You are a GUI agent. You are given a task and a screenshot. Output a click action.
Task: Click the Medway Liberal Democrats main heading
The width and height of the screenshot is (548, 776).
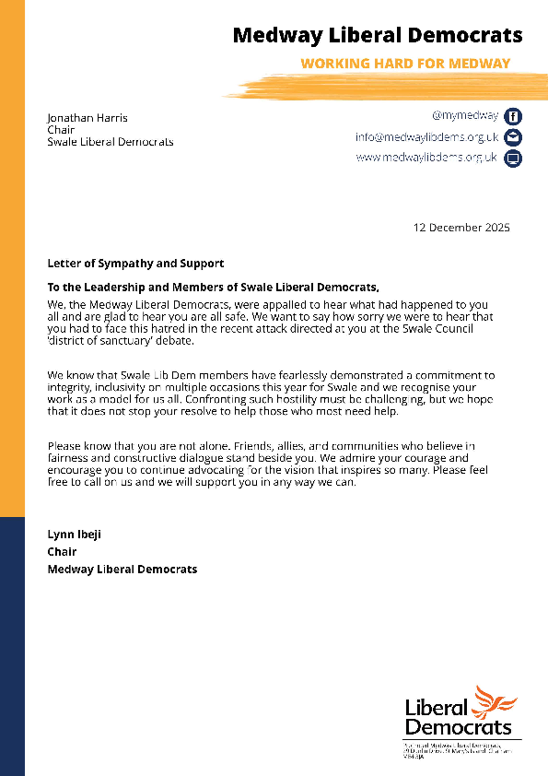(x=377, y=36)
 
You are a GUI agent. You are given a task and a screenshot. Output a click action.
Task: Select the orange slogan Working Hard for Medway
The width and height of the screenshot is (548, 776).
(x=406, y=64)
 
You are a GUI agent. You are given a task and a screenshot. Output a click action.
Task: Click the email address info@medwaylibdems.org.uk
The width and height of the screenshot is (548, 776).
(x=426, y=137)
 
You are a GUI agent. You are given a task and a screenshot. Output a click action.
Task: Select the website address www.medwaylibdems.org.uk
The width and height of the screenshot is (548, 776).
(x=426, y=158)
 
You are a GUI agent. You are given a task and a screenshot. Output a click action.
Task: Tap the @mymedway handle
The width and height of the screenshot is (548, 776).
(x=464, y=116)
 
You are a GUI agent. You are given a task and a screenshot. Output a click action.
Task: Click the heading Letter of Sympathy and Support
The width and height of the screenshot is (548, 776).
(x=135, y=265)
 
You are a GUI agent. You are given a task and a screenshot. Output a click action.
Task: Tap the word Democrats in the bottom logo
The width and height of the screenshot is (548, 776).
(x=458, y=728)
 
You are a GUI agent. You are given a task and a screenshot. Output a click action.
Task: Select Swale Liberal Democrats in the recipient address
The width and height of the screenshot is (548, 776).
(x=111, y=142)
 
